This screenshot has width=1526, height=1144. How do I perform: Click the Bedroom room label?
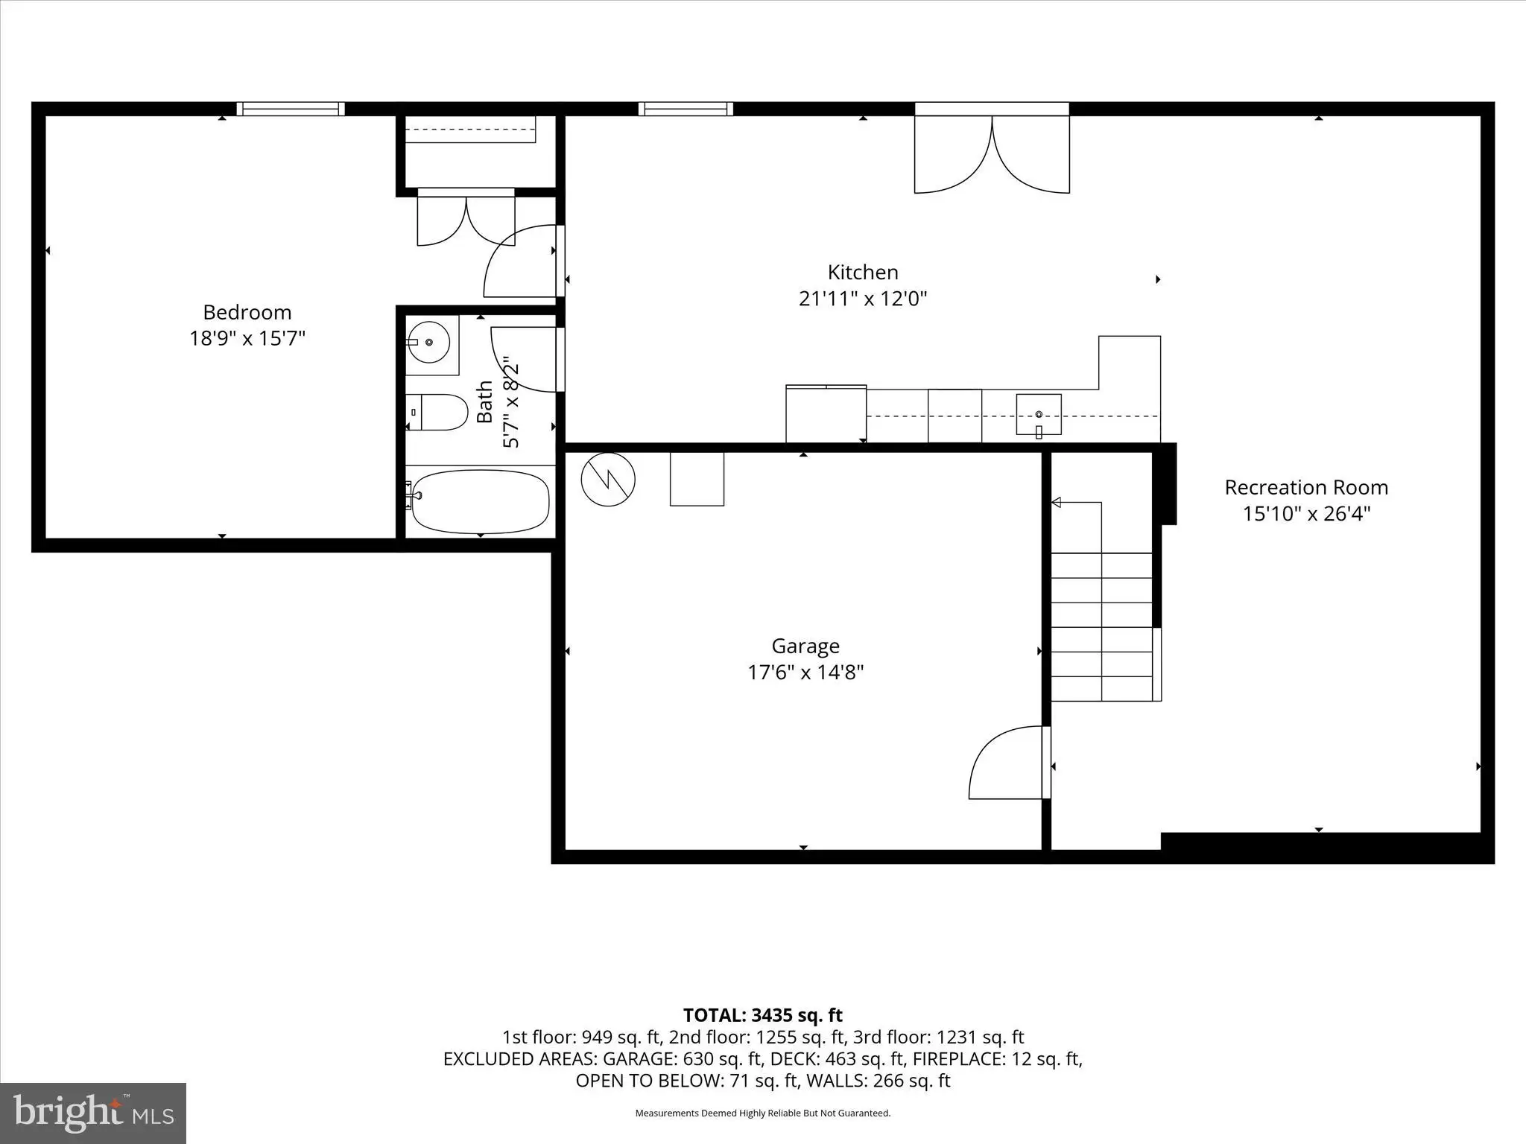(247, 312)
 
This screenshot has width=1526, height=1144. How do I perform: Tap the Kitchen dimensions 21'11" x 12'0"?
(863, 299)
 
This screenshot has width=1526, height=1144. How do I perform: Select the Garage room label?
(805, 646)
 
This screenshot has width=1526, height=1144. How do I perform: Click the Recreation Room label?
(1306, 487)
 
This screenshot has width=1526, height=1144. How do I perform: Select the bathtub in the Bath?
(480, 501)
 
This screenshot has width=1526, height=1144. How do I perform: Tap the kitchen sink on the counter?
(1039, 414)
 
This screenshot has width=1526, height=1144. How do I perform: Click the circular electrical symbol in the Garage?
(608, 479)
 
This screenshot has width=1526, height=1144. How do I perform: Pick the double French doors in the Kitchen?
(992, 149)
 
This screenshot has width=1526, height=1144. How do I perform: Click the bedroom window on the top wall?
(291, 109)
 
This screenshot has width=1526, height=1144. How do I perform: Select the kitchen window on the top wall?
(686, 109)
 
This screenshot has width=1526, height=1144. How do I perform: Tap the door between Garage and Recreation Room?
(1010, 763)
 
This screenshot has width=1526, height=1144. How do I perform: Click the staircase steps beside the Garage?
(1101, 626)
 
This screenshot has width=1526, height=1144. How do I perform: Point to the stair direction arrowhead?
(1056, 503)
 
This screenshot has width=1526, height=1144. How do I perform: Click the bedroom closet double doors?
(466, 217)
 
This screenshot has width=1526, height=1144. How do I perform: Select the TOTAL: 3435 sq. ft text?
(763, 1015)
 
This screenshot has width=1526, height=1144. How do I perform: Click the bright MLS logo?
(93, 1113)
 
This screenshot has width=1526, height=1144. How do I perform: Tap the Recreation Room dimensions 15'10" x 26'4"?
(1306, 514)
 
